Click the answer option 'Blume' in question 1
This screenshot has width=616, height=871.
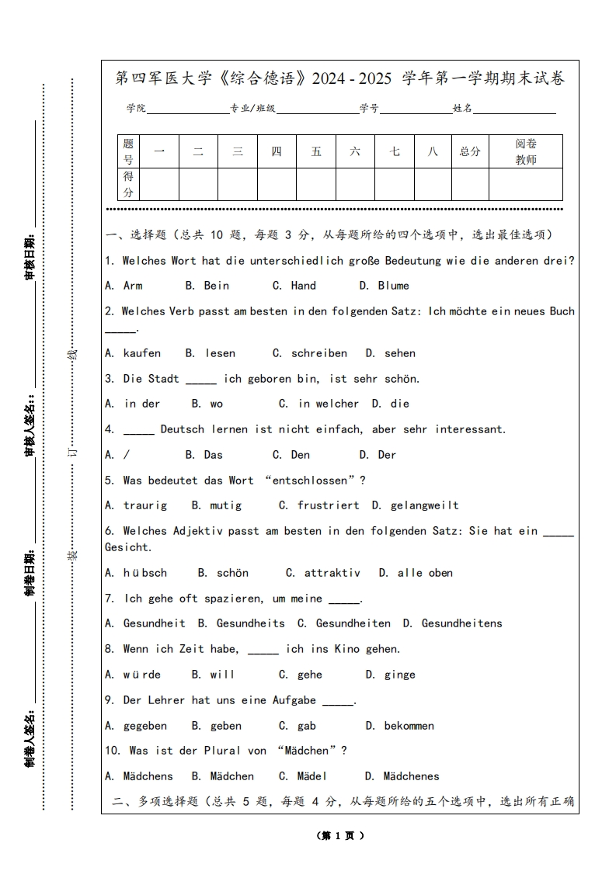pos(393,286)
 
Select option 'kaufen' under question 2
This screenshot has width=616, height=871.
pos(142,353)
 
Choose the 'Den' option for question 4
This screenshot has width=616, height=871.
pos(301,455)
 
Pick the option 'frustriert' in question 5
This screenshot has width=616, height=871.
pos(328,505)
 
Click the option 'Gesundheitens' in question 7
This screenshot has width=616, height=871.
pos(461,623)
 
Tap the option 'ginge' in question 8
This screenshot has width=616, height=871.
pos(399,675)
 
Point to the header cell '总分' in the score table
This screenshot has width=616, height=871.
pos(470,152)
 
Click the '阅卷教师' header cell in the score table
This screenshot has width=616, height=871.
pos(526,152)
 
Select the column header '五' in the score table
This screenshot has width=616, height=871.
pos(316,152)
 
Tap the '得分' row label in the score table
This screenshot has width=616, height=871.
pos(128,185)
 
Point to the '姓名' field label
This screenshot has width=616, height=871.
pos(462,109)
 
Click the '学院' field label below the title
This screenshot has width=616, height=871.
pos(137,109)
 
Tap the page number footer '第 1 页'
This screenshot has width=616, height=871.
pos(340,836)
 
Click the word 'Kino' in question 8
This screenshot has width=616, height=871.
pos(346,649)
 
